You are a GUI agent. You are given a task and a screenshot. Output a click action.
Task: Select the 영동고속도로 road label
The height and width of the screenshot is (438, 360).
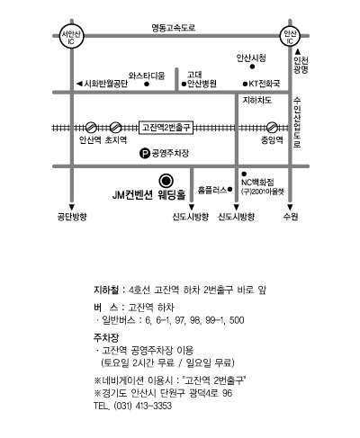[174, 28]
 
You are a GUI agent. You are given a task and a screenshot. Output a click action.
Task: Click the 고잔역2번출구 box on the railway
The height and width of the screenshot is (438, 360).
[166, 128]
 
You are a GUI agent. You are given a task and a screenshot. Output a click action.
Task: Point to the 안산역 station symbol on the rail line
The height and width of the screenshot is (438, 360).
[91, 128]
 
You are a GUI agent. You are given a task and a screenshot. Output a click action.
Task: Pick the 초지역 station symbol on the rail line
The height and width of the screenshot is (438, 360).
[115, 128]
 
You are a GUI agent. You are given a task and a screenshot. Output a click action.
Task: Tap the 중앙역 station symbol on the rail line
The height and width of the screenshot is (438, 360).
[272, 128]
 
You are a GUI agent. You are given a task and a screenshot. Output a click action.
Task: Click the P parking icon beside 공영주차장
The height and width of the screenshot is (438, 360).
[145, 154]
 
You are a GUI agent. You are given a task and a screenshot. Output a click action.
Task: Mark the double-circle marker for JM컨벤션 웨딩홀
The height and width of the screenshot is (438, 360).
[166, 181]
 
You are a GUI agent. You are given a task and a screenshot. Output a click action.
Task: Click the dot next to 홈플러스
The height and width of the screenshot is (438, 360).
[229, 190]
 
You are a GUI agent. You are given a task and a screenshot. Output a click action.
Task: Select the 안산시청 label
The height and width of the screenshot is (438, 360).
[251, 58]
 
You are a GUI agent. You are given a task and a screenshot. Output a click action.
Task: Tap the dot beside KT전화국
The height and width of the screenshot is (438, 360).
[245, 84]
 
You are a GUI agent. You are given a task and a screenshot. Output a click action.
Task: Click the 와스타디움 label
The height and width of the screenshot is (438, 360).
[147, 76]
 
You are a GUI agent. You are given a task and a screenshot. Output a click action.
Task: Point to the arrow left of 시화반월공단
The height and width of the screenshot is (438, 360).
[79, 84]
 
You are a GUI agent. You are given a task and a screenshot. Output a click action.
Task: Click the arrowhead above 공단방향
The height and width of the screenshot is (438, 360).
[72, 207]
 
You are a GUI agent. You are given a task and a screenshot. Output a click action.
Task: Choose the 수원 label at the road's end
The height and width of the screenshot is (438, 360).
[291, 217]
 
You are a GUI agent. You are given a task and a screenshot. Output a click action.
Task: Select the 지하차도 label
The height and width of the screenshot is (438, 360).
[257, 100]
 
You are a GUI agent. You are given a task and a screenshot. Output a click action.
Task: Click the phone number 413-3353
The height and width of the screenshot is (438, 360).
[154, 406]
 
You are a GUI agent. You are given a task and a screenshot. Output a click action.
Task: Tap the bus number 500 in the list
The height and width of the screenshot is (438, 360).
[237, 320]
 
